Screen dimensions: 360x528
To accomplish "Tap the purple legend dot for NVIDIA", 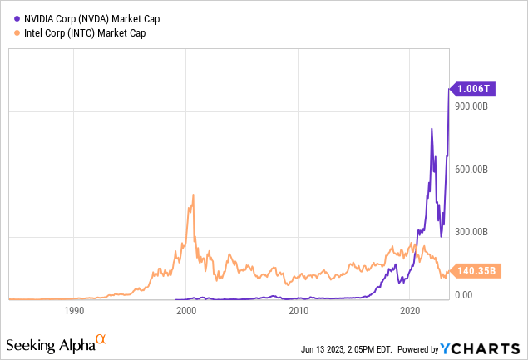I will tap(8, 17).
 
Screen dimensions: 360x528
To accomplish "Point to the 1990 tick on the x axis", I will tap(74, 311).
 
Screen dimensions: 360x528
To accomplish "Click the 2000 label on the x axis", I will tap(186, 311).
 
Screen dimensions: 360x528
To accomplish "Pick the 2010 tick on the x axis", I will tap(299, 311).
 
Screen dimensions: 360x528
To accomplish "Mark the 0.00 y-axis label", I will tap(464, 294).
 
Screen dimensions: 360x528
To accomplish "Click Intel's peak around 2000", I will tap(193, 195).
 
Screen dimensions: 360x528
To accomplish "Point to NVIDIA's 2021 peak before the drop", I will tap(432, 129).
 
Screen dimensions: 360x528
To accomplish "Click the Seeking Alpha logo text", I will tap(49, 343).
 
